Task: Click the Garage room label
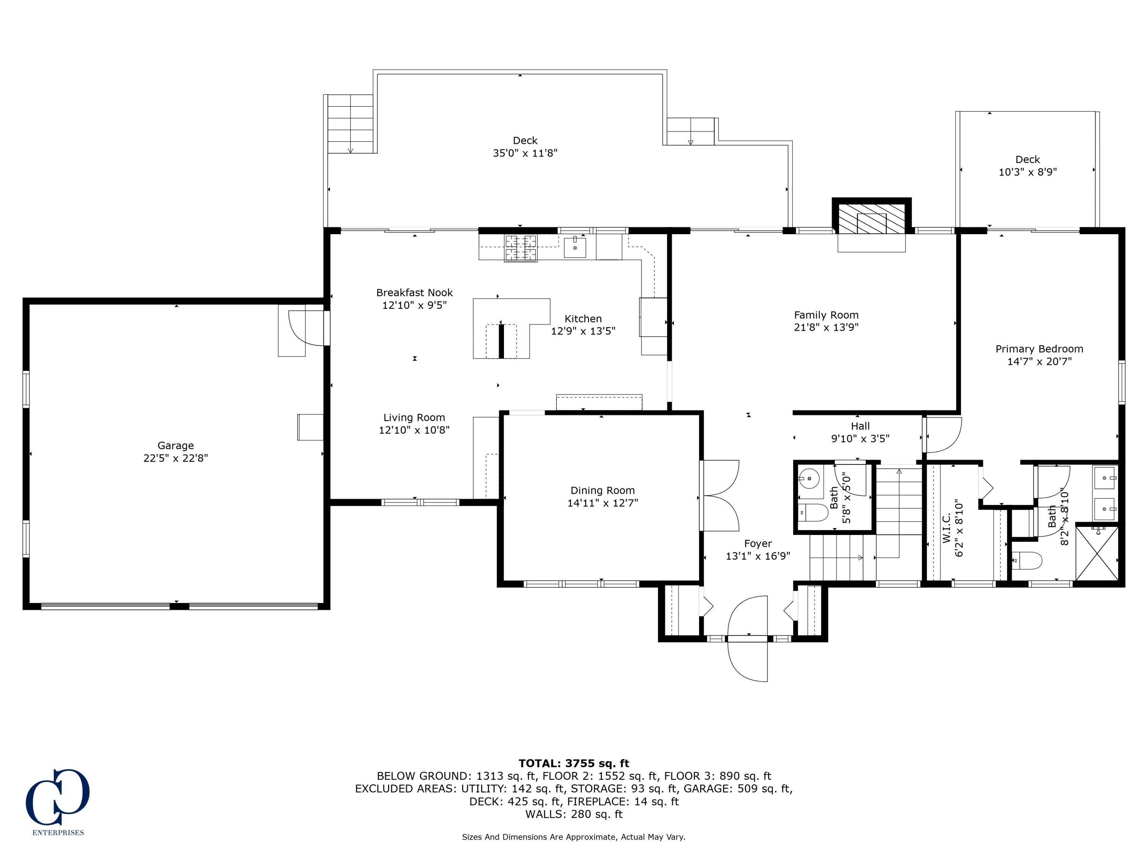pyautogui.click(x=175, y=445)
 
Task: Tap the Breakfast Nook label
pyautogui.click(x=414, y=293)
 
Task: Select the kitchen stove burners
pyautogui.click(x=520, y=248)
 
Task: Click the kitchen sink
pyautogui.click(x=575, y=248)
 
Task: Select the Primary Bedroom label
pyautogui.click(x=1039, y=349)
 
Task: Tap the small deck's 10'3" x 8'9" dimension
pyautogui.click(x=1027, y=172)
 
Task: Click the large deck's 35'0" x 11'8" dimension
pyautogui.click(x=525, y=153)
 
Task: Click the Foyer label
pyautogui.click(x=758, y=543)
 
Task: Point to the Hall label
pyautogui.click(x=860, y=426)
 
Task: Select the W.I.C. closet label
pyautogui.click(x=946, y=528)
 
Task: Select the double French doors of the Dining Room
pyautogui.click(x=720, y=495)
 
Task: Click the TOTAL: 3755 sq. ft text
pyautogui.click(x=574, y=763)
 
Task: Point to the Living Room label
pyautogui.click(x=414, y=417)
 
